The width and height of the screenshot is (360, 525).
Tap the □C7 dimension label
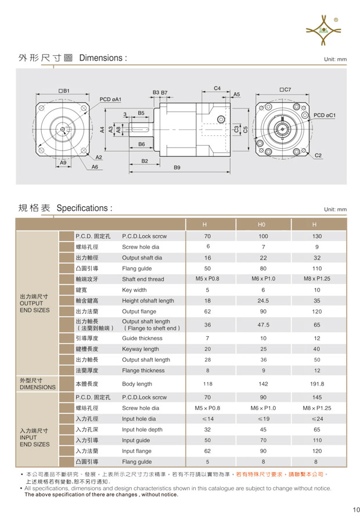coord(285,89)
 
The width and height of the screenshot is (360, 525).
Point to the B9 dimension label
coord(177,167)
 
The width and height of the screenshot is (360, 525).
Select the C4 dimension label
coord(217,88)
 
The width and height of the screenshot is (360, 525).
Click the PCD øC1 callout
coord(325,115)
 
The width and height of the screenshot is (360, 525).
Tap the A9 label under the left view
coord(63,163)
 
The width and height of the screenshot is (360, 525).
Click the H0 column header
coord(263,225)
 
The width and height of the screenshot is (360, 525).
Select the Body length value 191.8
coord(317,384)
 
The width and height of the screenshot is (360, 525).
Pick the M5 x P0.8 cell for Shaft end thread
coord(207,279)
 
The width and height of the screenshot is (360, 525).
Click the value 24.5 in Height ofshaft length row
coord(263,301)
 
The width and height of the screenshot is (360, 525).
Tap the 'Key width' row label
coord(134,290)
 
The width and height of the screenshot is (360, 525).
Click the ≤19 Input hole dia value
coord(263,419)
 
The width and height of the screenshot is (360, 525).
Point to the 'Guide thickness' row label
coord(142,338)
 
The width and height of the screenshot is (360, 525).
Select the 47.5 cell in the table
coord(263,325)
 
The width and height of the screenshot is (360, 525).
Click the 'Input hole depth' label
coord(142,430)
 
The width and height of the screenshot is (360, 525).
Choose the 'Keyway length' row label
coord(140,349)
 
